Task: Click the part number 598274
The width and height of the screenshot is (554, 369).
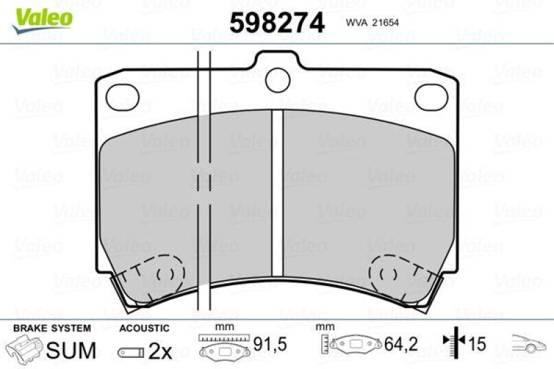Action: [x=277, y=23]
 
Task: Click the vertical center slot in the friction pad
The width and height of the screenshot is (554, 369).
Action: [x=277, y=194]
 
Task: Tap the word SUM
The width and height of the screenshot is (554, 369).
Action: [x=71, y=350]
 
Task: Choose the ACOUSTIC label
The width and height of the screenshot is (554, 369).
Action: [x=144, y=328]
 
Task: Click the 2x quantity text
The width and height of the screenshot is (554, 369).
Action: [x=161, y=352]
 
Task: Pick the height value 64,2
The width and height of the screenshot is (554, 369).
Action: [x=401, y=344]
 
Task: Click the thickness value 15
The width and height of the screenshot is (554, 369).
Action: [x=476, y=344]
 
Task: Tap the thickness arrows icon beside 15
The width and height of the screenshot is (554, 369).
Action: [x=452, y=343]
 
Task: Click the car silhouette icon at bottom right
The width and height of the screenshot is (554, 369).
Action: [x=530, y=343]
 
